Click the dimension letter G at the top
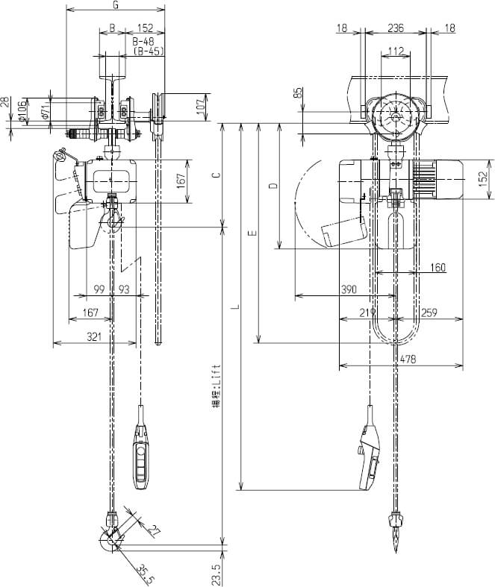[115, 5]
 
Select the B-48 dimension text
[143, 43]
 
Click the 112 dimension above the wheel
[396, 51]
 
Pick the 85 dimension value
[299, 94]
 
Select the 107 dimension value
[200, 106]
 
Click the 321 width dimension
[93, 338]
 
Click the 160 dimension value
[438, 266]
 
